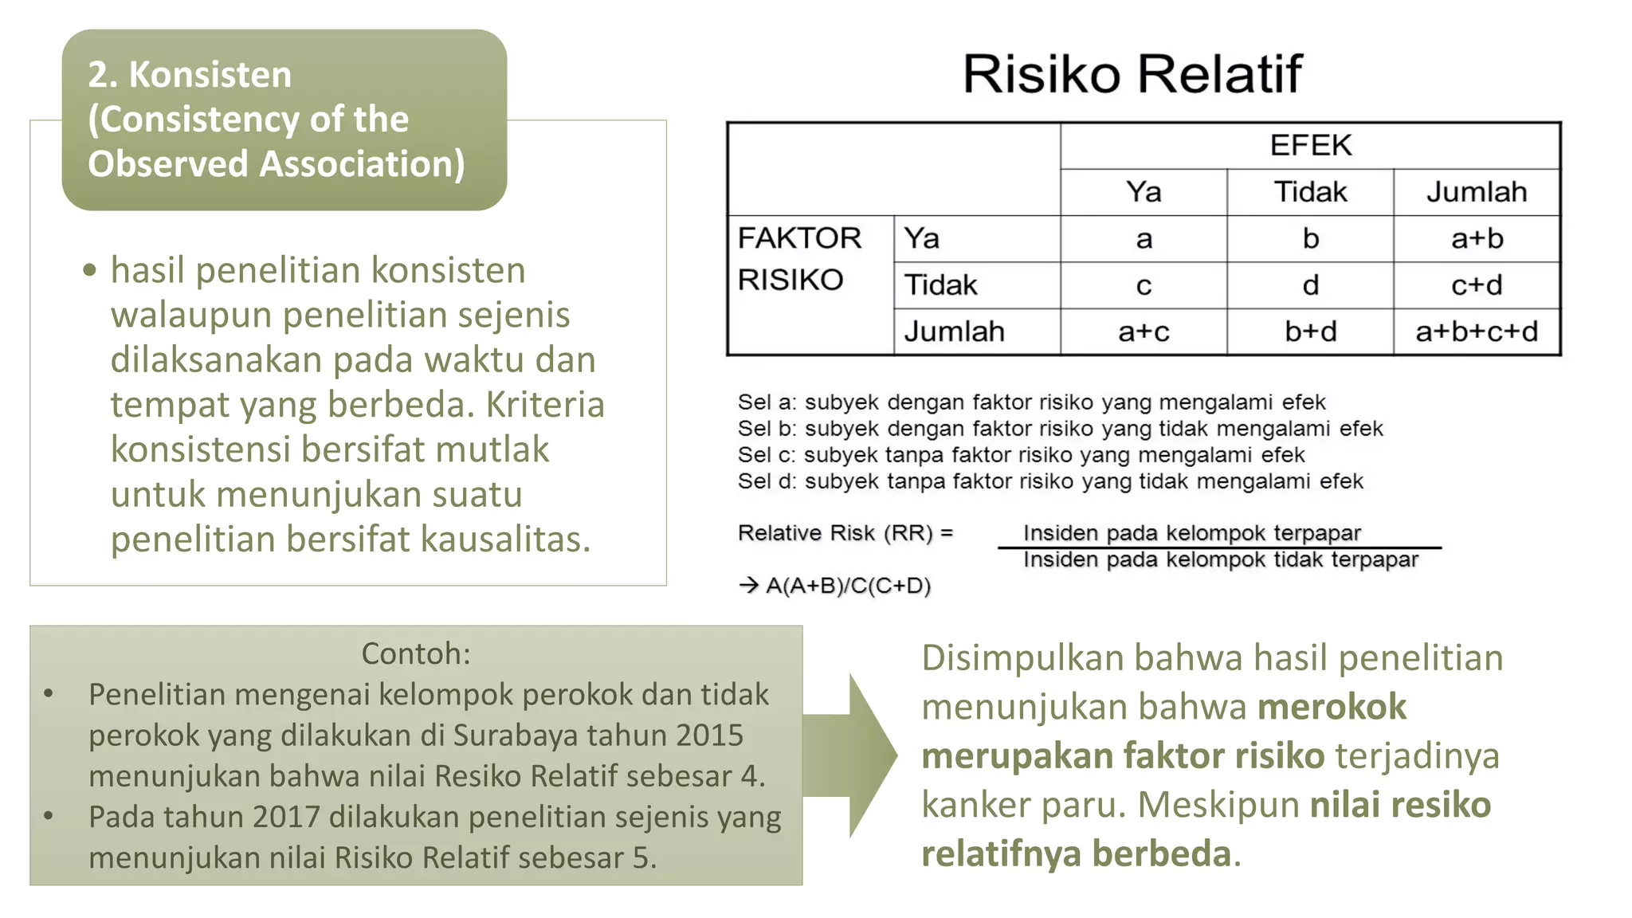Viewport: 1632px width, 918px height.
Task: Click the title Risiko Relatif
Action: click(x=1132, y=74)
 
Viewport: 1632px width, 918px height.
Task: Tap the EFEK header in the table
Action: click(x=1310, y=145)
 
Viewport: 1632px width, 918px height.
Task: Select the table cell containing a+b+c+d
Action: click(x=1477, y=331)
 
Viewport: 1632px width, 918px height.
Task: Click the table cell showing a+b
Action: click(x=1477, y=238)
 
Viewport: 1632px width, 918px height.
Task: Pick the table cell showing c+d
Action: click(x=1477, y=284)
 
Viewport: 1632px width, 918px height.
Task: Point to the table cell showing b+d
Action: click(x=1310, y=331)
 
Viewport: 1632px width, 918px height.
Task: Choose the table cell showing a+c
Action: click(x=1144, y=331)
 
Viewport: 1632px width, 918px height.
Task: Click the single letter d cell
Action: click(x=1310, y=284)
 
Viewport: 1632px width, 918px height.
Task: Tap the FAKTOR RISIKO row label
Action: click(x=799, y=259)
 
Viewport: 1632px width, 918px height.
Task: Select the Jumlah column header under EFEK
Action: click(x=1477, y=192)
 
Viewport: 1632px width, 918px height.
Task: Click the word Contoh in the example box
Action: click(x=414, y=653)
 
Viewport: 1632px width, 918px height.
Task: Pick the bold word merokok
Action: click(x=1332, y=707)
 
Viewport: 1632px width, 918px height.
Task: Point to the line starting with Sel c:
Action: click(x=1021, y=455)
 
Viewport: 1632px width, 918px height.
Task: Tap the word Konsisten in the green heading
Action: click(x=210, y=75)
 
